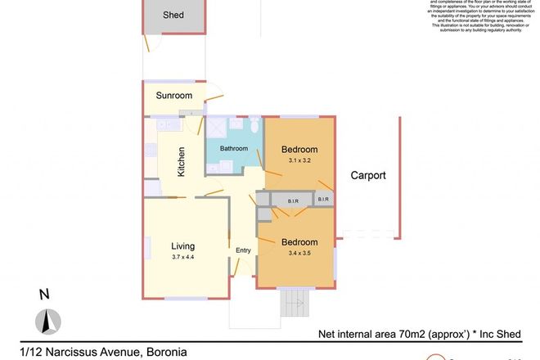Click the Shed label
[x=172, y=15]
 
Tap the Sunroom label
[x=174, y=96]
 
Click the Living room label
[x=187, y=245]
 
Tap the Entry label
[x=243, y=250]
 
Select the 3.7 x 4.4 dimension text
[x=187, y=257]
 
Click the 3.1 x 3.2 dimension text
[x=299, y=160]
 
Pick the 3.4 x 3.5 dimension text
[x=299, y=254]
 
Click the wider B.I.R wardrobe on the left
[x=292, y=199]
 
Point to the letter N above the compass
[x=46, y=295]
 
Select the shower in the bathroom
[x=217, y=128]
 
